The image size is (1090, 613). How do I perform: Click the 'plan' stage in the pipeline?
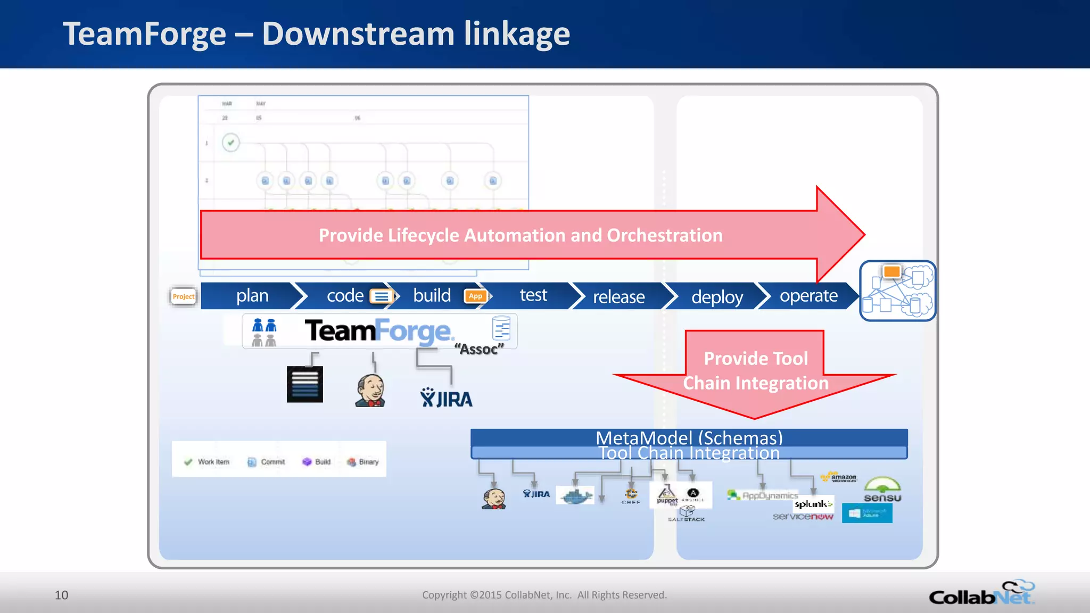252,296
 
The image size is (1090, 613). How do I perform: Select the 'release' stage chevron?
618,296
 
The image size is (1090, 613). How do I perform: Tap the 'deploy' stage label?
716,296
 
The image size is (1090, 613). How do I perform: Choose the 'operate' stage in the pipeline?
808,296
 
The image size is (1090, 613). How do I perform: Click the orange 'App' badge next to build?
475,296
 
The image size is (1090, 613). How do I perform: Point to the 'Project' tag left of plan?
183,296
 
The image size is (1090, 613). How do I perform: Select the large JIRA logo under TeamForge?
446,398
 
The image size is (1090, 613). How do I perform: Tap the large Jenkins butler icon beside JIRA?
370,391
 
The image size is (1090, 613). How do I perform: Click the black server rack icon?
304,384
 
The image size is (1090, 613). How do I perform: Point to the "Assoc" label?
478,349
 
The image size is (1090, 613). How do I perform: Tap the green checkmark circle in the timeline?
230,143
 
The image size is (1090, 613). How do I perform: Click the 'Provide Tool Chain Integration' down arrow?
755,372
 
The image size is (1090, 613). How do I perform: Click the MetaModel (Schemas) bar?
689,437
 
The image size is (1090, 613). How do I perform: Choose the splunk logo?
813,504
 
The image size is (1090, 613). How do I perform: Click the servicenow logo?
803,517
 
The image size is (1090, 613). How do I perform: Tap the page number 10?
61,595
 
